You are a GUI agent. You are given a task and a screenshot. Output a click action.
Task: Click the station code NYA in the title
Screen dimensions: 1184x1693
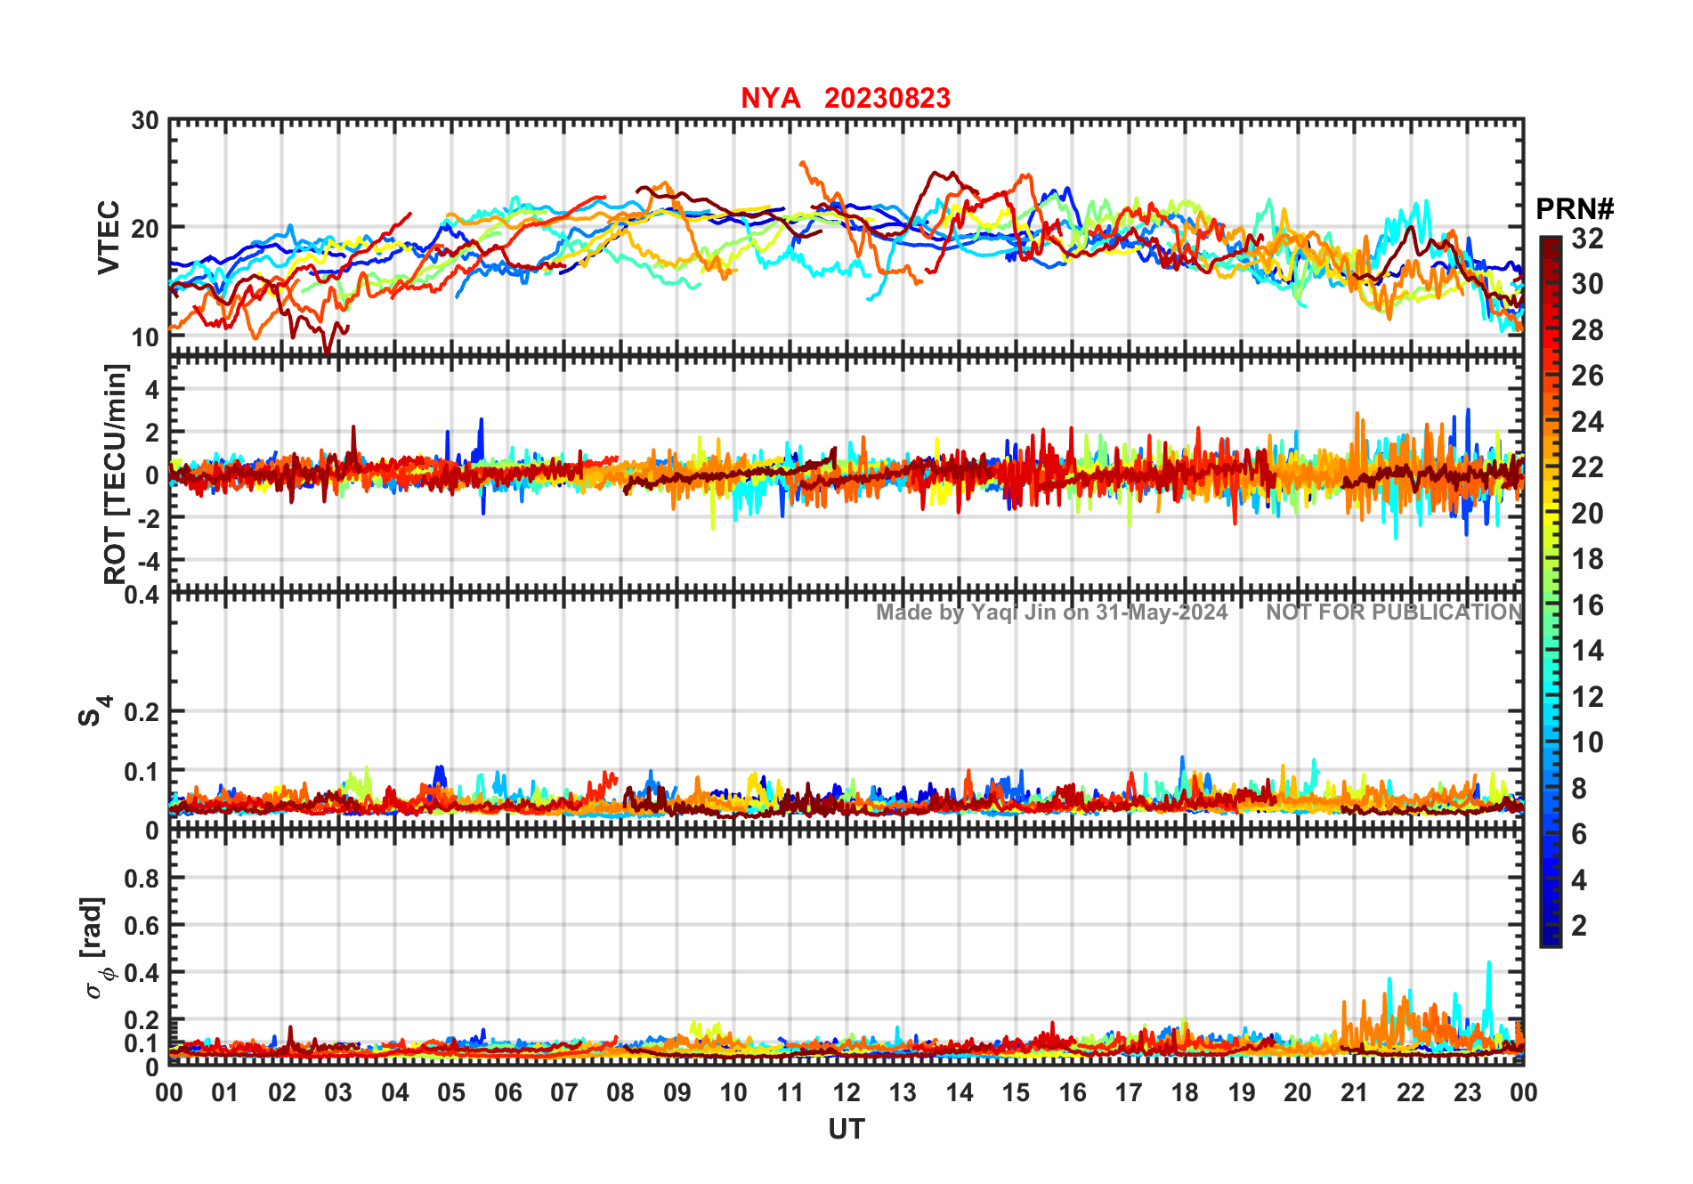[x=770, y=98]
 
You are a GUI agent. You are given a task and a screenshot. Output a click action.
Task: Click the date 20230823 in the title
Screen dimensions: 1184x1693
[x=887, y=98]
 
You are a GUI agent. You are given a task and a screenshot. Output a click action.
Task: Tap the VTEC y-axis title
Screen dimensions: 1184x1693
[x=109, y=237]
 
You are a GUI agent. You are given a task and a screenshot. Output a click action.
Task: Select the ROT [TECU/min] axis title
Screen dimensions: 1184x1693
[x=116, y=474]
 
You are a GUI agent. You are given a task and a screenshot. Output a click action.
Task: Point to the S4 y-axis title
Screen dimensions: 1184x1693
[x=93, y=710]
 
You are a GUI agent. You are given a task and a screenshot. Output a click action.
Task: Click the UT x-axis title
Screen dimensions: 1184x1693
[x=846, y=1129]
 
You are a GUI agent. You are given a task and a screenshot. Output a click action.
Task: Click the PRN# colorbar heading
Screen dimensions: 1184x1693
[x=1575, y=209]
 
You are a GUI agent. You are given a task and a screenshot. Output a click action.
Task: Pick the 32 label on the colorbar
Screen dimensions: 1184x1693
[x=1587, y=238]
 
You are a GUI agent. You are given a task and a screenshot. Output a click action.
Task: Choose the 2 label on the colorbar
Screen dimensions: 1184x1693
[x=1579, y=925]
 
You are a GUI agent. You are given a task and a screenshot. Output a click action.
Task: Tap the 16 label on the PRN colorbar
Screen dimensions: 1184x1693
[x=1587, y=605]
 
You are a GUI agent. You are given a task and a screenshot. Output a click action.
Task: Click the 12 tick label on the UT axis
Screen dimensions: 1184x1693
[x=846, y=1092]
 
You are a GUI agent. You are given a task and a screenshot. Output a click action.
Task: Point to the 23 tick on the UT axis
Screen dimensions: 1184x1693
[x=1467, y=1092]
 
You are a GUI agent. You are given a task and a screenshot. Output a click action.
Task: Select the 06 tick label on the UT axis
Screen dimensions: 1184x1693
[x=507, y=1092]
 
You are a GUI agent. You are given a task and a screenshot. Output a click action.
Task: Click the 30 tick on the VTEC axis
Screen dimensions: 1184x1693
[x=145, y=121]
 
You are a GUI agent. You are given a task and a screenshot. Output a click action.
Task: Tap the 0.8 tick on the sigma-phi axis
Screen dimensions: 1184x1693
[x=142, y=878]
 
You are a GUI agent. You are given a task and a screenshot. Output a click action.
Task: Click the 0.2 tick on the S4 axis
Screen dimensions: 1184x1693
[x=142, y=711]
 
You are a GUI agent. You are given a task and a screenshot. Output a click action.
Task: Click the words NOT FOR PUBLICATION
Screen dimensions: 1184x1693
[x=1394, y=612]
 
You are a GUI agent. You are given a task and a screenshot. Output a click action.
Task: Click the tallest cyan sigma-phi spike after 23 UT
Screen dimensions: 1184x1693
[x=1488, y=963]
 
